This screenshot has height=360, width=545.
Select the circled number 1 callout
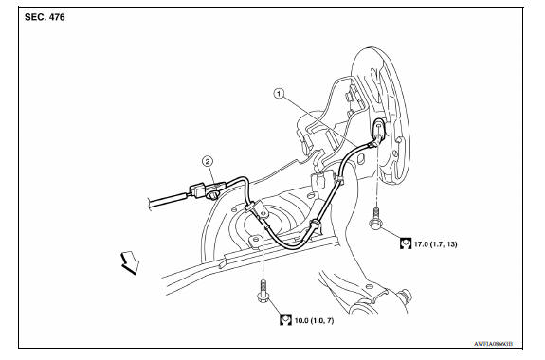[x=278, y=93]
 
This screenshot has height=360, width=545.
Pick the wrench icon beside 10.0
[x=283, y=320]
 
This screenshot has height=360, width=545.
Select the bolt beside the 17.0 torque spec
[x=376, y=221]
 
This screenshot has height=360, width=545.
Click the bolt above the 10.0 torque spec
[x=261, y=294]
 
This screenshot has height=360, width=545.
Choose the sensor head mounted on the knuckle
[x=380, y=132]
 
